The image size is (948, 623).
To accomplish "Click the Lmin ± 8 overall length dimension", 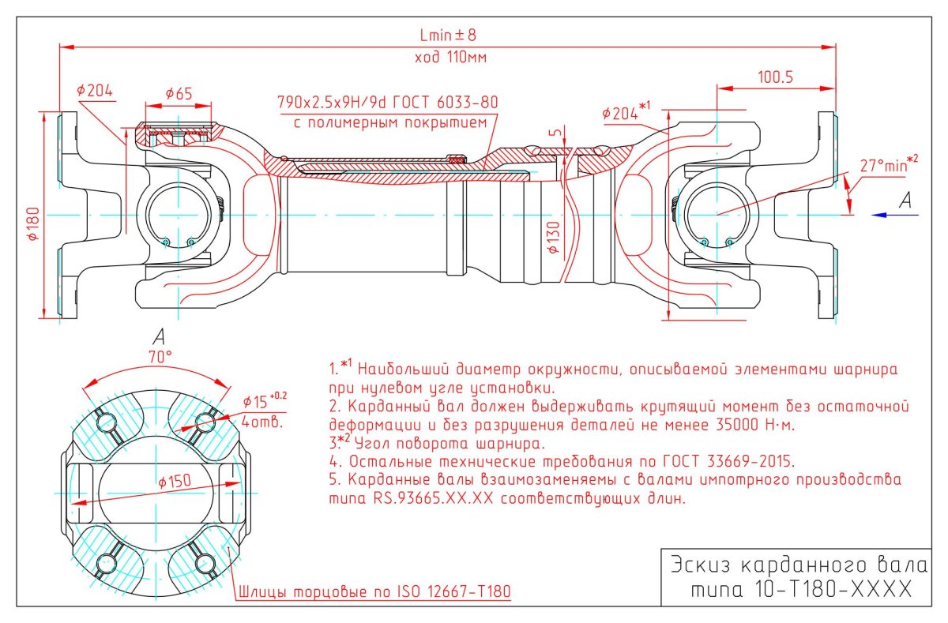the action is pyautogui.click(x=448, y=35).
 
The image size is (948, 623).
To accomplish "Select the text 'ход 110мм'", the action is pyautogui.click(x=450, y=57).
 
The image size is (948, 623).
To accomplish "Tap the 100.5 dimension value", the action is pyautogui.click(x=775, y=77).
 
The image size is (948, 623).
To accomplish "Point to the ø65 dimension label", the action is pyautogui.click(x=179, y=93).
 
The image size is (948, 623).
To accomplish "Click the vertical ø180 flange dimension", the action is pyautogui.click(x=33, y=223).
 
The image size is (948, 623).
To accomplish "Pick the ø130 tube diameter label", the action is pyautogui.click(x=553, y=237).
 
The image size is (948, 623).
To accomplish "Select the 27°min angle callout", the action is pyautogui.click(x=889, y=164).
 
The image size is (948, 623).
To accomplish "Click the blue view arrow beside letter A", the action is pyautogui.click(x=894, y=216).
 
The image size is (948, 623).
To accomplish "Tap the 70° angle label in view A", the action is pyautogui.click(x=160, y=358).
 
